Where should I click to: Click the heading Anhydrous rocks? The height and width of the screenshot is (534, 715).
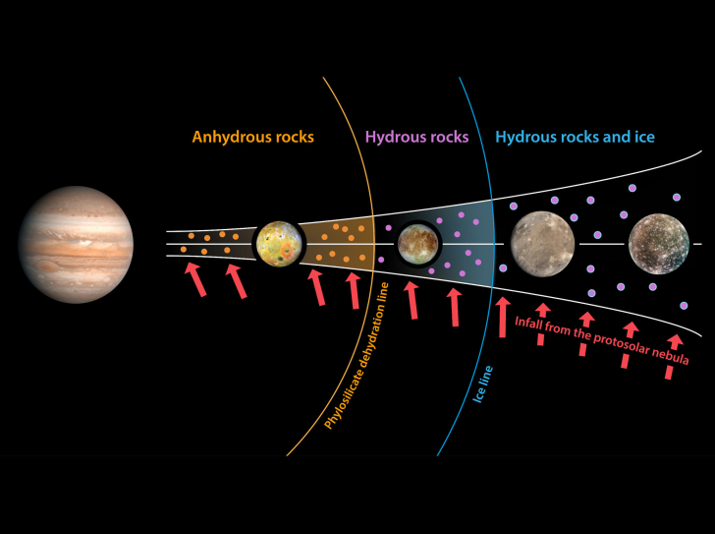pyautogui.click(x=253, y=137)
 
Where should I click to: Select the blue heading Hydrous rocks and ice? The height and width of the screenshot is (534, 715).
pyautogui.click(x=575, y=137)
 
